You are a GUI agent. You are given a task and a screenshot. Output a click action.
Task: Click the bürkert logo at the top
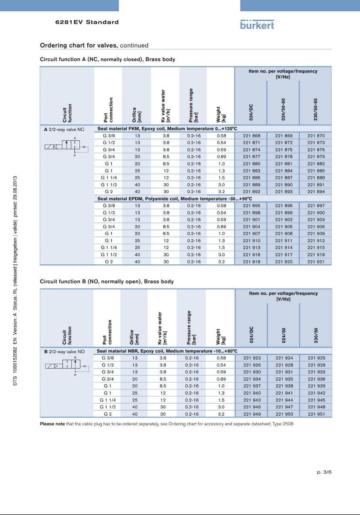(257, 24)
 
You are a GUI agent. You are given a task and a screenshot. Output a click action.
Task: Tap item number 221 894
(316, 192)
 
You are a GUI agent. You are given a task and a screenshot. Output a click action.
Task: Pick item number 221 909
(316, 234)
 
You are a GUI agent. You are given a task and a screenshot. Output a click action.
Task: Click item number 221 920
(283, 262)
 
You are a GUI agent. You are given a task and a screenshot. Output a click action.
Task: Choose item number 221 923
(252, 358)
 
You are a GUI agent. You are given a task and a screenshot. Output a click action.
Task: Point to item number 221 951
(316, 414)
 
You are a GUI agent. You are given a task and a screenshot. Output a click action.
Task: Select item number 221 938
(284, 386)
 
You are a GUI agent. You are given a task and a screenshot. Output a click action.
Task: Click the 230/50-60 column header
(316, 109)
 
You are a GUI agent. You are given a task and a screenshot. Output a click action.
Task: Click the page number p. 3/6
(324, 472)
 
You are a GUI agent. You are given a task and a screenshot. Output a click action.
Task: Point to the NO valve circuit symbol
(66, 366)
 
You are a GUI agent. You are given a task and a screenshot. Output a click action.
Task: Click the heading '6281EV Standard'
(87, 22)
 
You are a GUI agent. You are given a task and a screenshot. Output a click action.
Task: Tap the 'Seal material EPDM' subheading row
(175, 199)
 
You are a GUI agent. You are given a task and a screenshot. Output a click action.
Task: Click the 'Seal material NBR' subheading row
(167, 351)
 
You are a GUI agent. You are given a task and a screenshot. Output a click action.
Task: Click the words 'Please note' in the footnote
(52, 424)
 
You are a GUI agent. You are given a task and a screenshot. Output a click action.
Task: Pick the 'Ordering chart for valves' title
(79, 45)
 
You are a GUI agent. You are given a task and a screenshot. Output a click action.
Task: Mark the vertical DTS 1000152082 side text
(15, 281)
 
